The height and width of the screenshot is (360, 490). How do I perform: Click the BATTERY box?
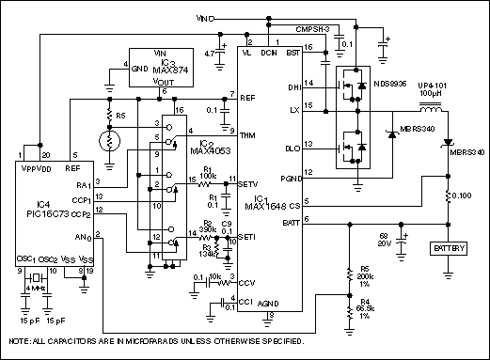pos(448,249)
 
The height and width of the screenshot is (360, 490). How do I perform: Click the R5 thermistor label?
pos(120,116)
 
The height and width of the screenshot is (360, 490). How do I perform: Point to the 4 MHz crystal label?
pos(34,288)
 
